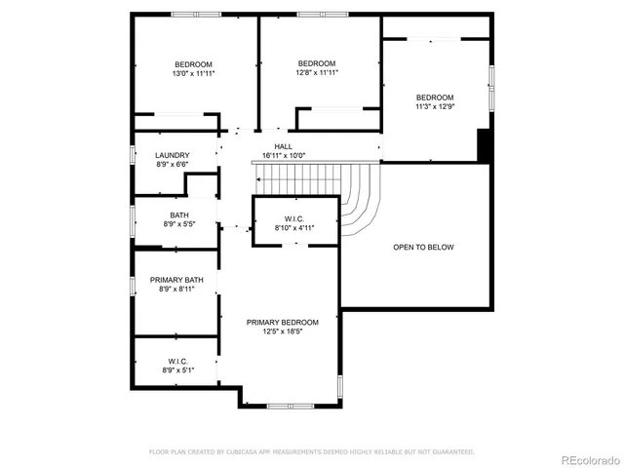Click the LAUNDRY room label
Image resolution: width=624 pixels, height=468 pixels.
coord(172,155)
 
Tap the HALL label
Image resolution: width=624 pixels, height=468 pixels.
coord(283,146)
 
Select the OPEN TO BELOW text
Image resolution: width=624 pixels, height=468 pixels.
coord(423,248)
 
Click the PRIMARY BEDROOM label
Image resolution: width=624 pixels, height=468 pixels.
coord(283,322)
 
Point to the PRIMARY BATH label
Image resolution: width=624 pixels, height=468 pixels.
coord(176,280)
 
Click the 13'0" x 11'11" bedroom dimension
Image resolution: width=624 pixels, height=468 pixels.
coord(193,73)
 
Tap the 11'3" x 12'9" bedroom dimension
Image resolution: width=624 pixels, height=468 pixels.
coord(435,106)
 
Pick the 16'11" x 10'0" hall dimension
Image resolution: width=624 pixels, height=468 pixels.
coord(283,155)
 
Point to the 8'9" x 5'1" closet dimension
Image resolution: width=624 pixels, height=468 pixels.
coord(176,370)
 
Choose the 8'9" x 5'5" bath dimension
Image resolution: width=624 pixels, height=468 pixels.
coord(179,224)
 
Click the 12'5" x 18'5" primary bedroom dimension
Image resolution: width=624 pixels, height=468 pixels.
coord(283,331)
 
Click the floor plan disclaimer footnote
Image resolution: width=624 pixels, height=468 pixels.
coord(311,451)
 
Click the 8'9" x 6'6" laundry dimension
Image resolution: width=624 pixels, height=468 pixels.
coord(172,164)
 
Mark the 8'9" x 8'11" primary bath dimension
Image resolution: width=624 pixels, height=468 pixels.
coord(176,290)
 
